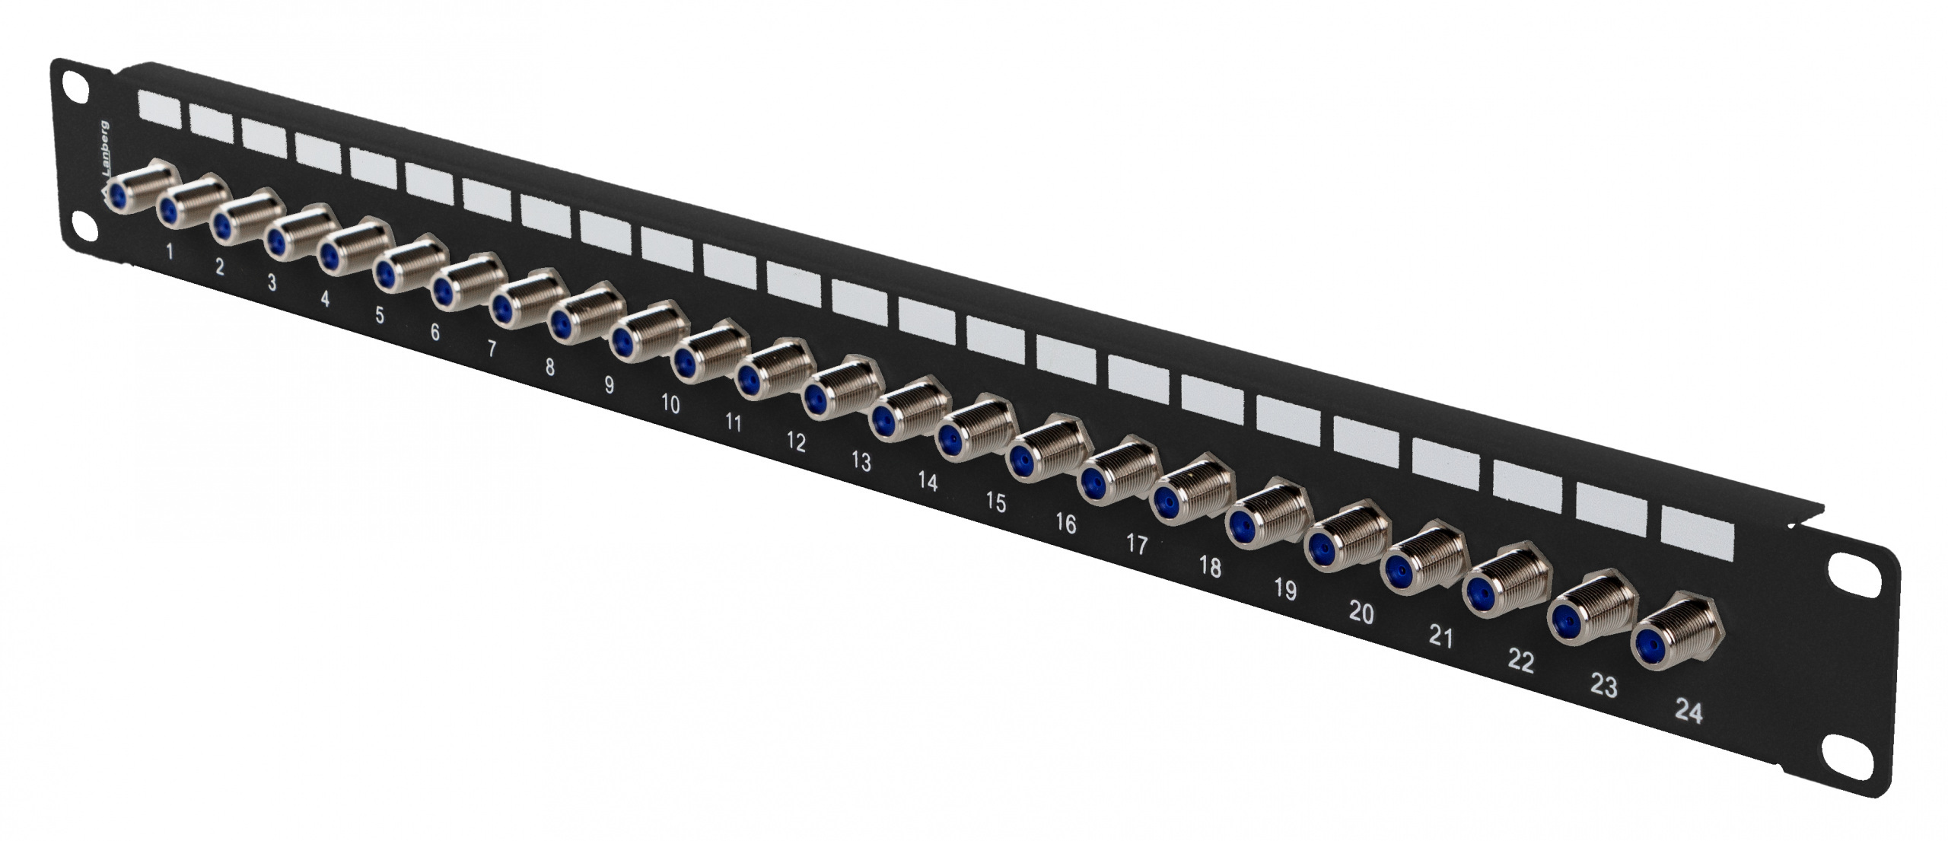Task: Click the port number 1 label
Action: tap(169, 250)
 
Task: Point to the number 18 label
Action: tap(1210, 567)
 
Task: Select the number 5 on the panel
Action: tap(379, 315)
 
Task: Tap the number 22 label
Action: tap(1520, 661)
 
